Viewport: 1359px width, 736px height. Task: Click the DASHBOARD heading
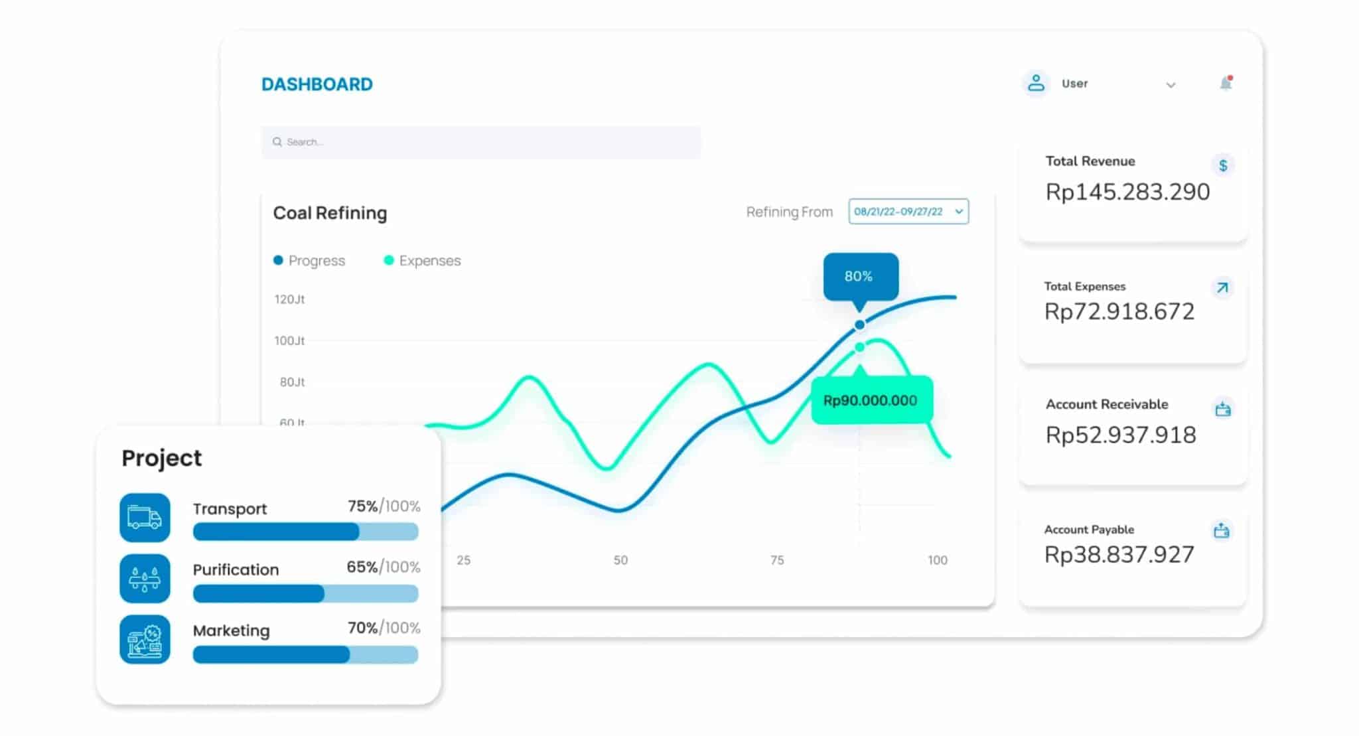[x=317, y=84]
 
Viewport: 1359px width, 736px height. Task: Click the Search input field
[x=480, y=142]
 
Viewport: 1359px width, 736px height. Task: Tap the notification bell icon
[x=1226, y=83]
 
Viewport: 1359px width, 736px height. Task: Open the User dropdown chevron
[x=1171, y=85]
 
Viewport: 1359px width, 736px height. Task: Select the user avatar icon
[x=1035, y=84]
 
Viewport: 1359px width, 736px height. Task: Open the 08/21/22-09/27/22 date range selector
[x=908, y=212]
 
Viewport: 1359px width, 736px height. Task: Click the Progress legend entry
[x=309, y=261]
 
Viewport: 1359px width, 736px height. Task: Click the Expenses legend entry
[x=422, y=261]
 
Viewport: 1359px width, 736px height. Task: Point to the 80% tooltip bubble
[x=861, y=276]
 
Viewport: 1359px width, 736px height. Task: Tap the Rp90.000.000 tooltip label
[x=871, y=400]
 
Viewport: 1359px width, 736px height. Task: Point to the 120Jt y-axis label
[x=289, y=299]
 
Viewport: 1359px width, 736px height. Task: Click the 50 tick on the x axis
[x=620, y=560]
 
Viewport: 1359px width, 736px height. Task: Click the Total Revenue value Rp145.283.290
[x=1127, y=192]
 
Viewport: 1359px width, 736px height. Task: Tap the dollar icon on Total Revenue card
[x=1222, y=165]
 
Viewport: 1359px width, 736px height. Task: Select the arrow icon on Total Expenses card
[x=1222, y=288]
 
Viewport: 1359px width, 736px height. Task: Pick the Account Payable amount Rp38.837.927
[x=1119, y=554]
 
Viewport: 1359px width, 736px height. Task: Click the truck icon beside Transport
[x=145, y=518]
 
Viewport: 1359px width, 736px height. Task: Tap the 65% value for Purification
[x=362, y=567]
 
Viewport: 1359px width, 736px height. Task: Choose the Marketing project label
[x=231, y=630]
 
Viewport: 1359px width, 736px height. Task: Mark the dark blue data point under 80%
[x=859, y=325]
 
